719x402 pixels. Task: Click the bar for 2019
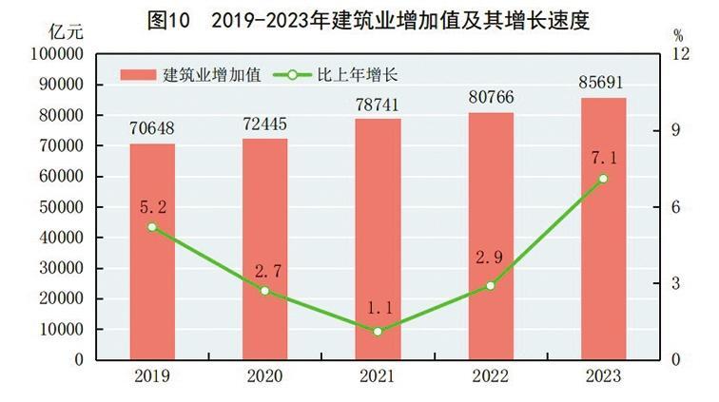coord(152,252)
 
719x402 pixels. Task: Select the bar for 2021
coord(378,239)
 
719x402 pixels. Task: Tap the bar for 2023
coord(603,229)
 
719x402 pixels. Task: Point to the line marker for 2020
coord(265,291)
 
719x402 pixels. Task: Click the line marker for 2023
coord(603,179)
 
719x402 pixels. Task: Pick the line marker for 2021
coord(378,332)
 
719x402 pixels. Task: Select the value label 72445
coord(265,124)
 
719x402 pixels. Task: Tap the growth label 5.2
coord(152,206)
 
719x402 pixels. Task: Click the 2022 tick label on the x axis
coord(491,376)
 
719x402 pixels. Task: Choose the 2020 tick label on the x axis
coord(265,376)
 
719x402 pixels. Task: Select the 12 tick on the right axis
coord(678,54)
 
